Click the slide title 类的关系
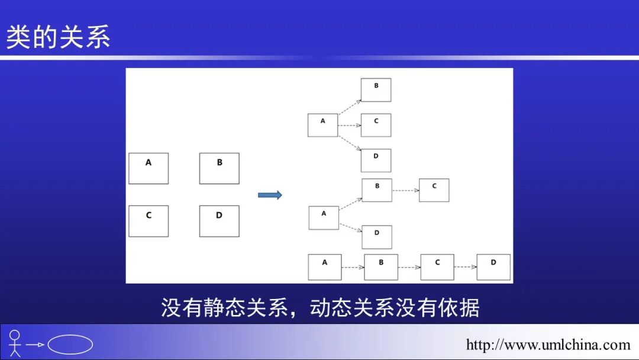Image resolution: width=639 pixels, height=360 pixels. click(58, 37)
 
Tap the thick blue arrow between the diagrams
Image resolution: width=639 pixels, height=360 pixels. click(270, 195)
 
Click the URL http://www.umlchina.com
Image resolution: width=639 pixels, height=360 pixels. click(548, 345)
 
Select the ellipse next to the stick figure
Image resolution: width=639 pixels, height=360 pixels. click(70, 345)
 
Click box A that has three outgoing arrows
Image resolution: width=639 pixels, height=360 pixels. click(322, 126)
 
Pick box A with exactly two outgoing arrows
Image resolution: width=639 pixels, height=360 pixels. click(324, 218)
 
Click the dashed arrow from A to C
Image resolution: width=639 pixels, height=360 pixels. click(349, 126)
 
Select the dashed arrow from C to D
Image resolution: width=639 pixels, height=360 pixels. click(465, 267)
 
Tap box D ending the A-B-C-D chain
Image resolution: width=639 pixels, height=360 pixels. click(493, 267)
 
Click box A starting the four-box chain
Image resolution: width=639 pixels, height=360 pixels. click(325, 267)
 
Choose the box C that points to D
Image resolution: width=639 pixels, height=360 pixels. click(437, 267)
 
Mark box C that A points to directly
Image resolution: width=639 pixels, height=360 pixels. click(376, 126)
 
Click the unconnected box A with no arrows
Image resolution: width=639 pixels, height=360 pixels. click(149, 168)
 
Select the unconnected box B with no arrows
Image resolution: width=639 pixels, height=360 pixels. click(219, 168)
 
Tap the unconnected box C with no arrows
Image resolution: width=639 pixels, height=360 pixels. click(149, 221)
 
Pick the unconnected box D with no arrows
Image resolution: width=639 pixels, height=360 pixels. click(219, 221)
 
